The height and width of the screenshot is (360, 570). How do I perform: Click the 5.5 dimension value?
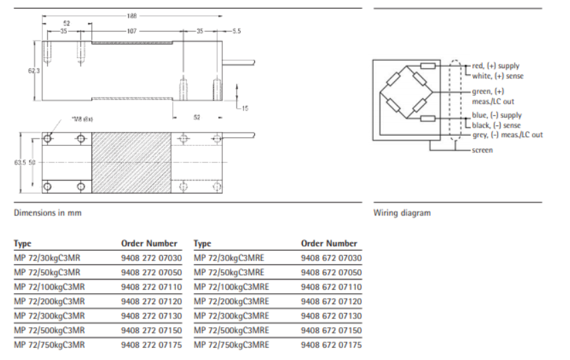tap(237, 31)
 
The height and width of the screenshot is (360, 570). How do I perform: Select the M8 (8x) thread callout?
tap(84, 119)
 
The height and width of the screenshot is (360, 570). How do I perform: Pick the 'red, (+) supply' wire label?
tap(496, 66)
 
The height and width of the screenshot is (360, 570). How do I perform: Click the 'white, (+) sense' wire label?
tap(498, 76)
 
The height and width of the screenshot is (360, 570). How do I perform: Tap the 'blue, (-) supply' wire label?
tap(496, 116)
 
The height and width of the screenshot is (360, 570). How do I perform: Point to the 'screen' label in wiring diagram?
tap(483, 150)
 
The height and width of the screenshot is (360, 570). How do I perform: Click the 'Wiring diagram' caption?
tap(402, 213)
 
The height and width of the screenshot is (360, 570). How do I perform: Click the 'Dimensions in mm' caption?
tap(48, 213)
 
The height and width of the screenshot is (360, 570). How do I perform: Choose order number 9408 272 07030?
tap(151, 258)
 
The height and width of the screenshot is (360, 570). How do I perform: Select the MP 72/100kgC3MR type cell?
tap(49, 287)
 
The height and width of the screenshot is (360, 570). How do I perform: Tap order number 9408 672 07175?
tap(331, 345)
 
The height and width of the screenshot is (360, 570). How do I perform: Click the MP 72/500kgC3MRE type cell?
tap(232, 331)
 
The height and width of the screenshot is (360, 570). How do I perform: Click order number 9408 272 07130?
tap(151, 316)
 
